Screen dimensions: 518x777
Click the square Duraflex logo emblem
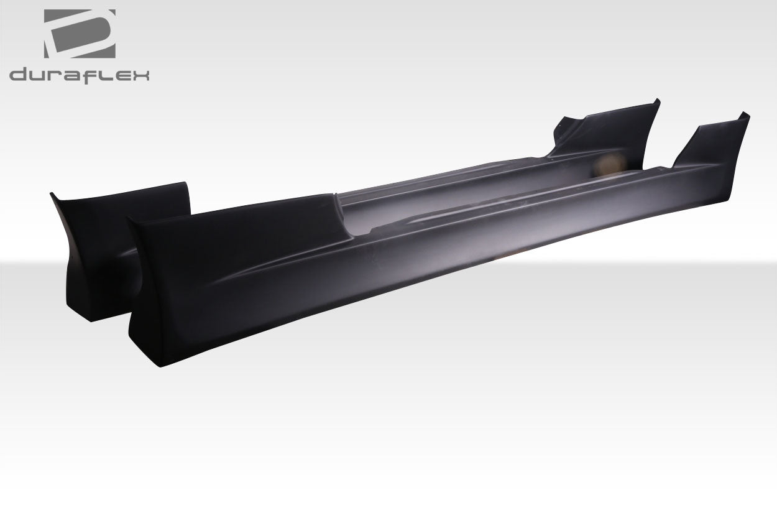click(80, 34)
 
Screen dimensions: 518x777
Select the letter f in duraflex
click(100, 75)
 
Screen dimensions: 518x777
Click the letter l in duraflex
click(111, 75)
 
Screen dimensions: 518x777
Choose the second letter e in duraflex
click(124, 76)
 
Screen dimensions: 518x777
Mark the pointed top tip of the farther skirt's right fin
click(656, 99)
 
